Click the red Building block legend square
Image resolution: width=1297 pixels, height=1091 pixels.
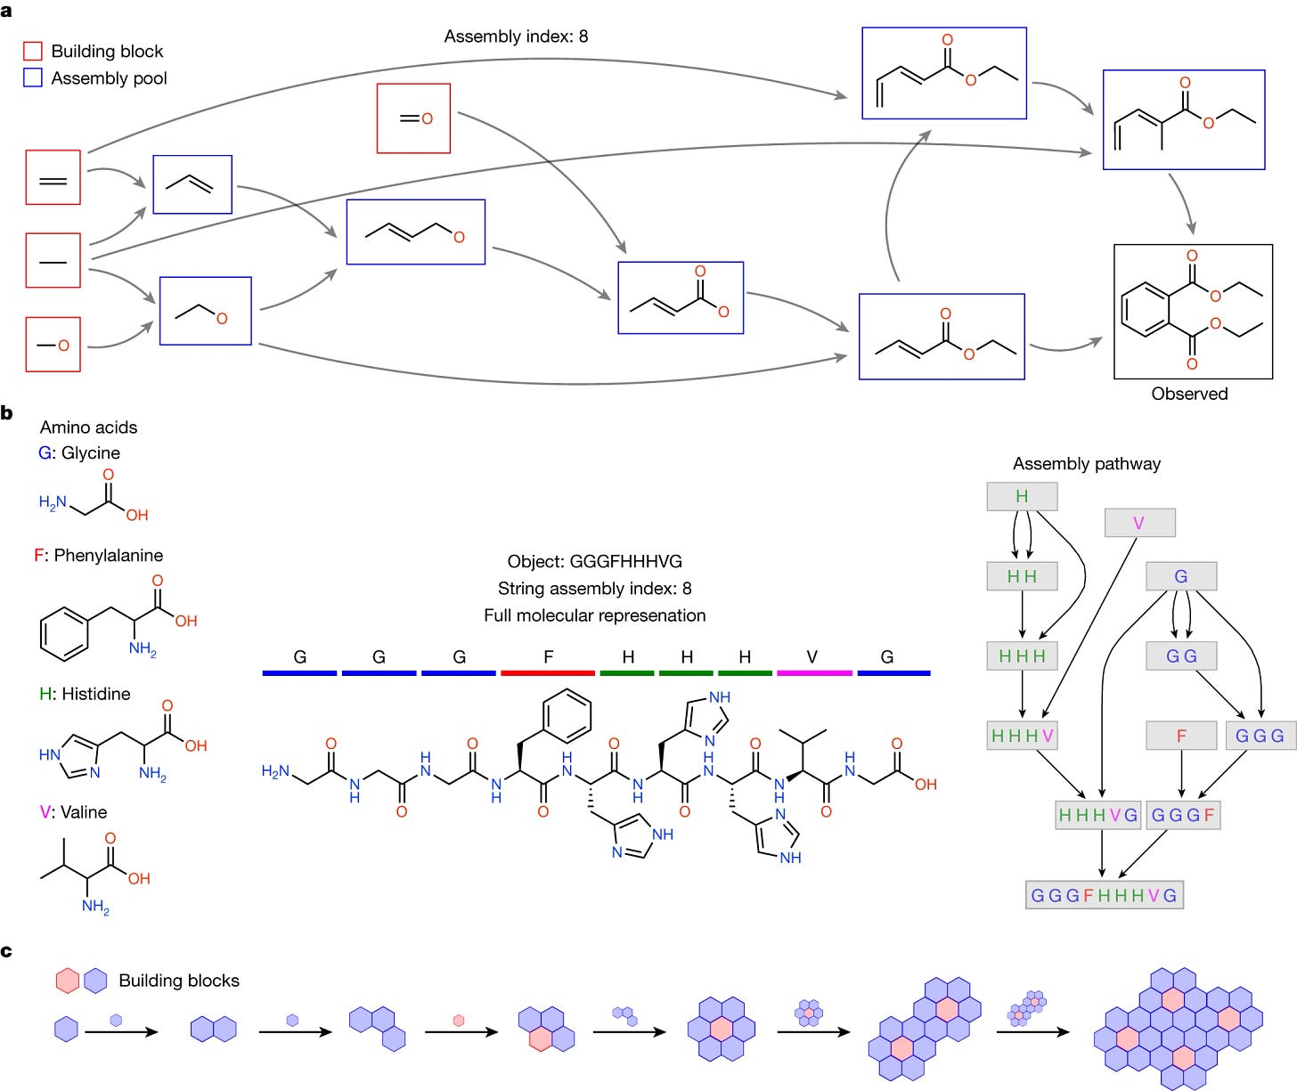[x=32, y=51]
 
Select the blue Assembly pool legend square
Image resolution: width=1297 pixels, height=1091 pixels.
[x=32, y=77]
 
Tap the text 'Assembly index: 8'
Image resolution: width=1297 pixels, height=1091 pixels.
[x=516, y=36]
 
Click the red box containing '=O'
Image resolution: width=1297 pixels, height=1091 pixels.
[x=413, y=118]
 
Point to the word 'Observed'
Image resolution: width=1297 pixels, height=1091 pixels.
[x=1189, y=394]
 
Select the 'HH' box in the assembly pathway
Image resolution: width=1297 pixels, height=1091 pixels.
[x=1022, y=575]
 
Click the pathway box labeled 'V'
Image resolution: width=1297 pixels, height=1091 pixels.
[x=1139, y=523]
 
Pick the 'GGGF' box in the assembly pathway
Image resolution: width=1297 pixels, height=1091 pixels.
[x=1182, y=815]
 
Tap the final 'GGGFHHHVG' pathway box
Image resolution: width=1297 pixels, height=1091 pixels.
[x=1104, y=895]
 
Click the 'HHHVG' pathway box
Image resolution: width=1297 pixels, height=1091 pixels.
[x=1097, y=815]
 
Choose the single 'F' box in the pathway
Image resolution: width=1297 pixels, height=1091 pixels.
[x=1181, y=736]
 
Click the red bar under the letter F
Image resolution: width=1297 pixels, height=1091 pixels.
[x=547, y=673]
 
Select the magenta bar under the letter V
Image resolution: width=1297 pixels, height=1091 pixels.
[x=813, y=673]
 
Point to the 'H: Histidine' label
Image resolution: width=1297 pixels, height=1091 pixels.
[x=85, y=694]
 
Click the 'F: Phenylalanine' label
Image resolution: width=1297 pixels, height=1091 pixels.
[x=98, y=555]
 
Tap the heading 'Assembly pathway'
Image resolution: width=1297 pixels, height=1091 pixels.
[x=1087, y=464]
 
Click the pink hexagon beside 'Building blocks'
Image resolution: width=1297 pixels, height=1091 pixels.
[x=68, y=980]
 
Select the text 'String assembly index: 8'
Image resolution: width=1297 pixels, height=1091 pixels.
[x=594, y=588]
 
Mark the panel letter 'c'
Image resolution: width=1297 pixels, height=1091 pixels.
[x=6, y=950]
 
